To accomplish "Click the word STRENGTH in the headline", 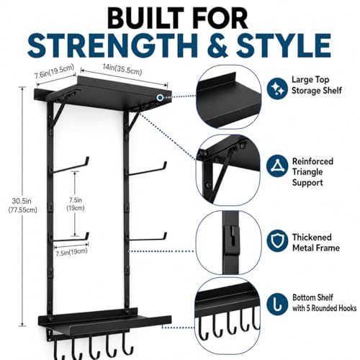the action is point(112,45).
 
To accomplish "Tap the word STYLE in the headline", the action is point(284,45).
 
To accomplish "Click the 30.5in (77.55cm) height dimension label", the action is point(22,205).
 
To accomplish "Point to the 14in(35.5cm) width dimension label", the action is point(122,69).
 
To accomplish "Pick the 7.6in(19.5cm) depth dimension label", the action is point(54,71).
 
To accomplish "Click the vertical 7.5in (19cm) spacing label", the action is point(76,204).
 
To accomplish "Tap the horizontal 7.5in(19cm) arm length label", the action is point(71,252).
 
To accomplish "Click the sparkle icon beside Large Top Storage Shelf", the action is point(277,89).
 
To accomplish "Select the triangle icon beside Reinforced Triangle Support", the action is point(277,166).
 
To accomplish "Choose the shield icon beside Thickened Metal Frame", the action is point(277,240).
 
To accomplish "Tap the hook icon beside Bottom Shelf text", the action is point(277,303).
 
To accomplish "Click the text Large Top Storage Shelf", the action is point(316,85).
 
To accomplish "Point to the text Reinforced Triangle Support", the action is point(312,172).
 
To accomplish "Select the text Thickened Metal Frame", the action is point(316,243).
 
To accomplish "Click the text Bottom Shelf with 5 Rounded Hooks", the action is point(324,302).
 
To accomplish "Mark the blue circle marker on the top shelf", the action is point(160,97).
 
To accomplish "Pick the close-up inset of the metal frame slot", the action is point(228,243).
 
